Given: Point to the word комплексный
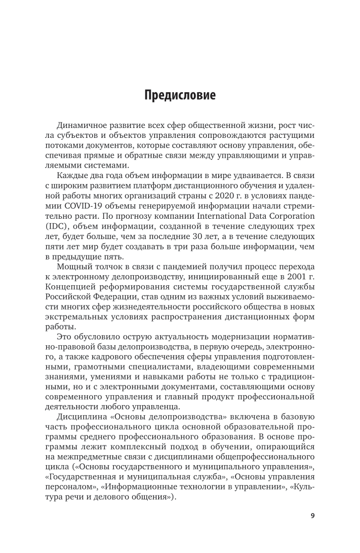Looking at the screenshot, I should (114, 446).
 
